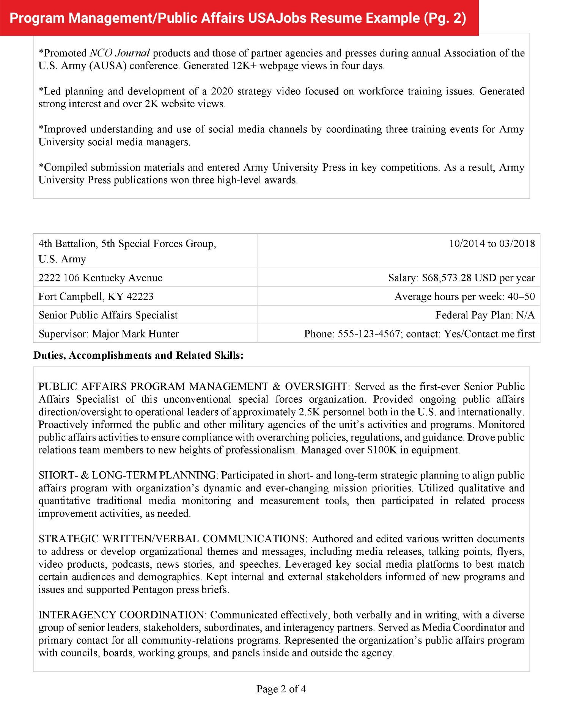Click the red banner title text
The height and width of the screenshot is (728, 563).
point(238,18)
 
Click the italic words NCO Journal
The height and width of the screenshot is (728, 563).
point(120,53)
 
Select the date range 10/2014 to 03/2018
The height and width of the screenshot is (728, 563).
point(492,243)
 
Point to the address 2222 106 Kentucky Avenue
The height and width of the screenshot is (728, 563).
point(100,278)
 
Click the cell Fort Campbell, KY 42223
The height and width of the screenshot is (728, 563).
point(96,297)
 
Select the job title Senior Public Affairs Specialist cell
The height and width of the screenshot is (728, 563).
point(108,315)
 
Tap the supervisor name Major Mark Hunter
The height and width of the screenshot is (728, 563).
point(135,334)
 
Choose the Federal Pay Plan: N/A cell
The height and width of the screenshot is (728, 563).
point(484,315)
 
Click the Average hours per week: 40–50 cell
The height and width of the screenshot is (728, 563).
point(464,297)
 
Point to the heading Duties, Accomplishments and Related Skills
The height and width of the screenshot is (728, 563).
point(138,355)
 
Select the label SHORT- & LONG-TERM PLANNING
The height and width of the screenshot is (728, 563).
point(127,475)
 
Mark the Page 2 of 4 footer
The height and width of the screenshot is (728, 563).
point(281,689)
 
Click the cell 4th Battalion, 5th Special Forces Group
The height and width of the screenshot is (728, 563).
point(127,244)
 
